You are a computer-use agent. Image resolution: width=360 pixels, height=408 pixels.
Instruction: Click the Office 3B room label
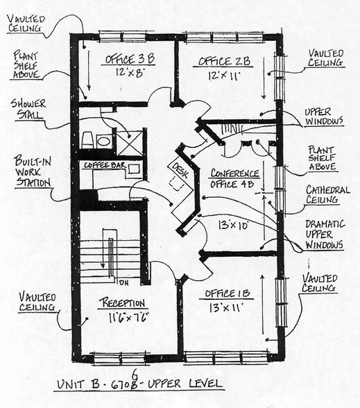(126, 59)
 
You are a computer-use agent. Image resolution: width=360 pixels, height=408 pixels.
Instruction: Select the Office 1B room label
(225, 294)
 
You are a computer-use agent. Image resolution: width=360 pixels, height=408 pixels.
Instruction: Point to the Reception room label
(121, 303)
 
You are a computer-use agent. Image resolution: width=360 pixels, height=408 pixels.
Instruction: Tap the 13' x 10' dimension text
(233, 224)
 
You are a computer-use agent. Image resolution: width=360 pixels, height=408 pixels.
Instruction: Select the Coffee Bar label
(104, 165)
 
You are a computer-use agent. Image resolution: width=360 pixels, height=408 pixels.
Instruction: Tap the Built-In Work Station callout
(33, 171)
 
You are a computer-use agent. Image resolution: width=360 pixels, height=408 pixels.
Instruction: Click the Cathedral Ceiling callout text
(321, 194)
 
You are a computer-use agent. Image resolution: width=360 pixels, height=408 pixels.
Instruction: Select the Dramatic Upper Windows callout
(325, 234)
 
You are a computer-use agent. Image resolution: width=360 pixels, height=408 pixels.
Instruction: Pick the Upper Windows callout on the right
(323, 116)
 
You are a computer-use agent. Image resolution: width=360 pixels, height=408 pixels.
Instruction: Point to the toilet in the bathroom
(88, 139)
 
